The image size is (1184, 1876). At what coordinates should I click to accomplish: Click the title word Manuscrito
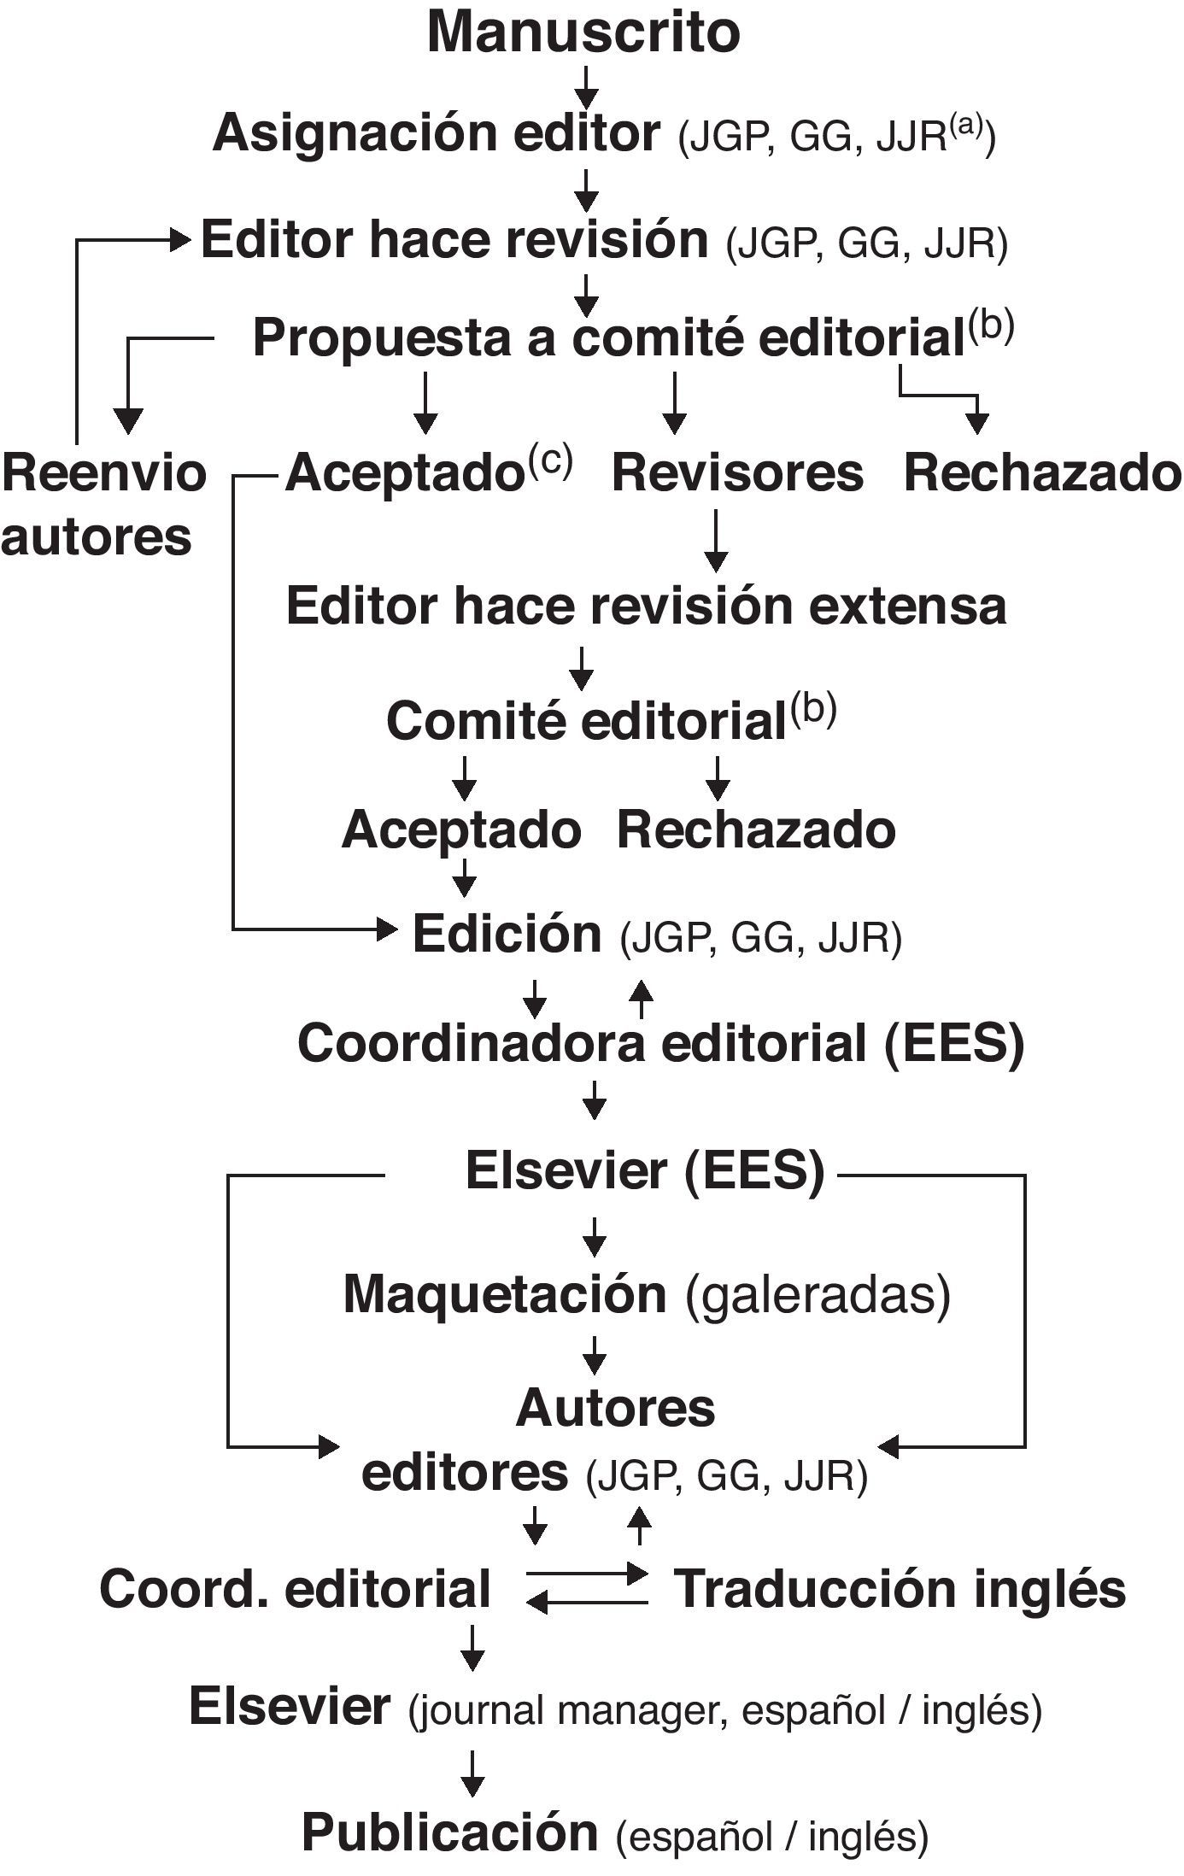pos(583,32)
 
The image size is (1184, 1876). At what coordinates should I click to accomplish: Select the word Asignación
pos(343,134)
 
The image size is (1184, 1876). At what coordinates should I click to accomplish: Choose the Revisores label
pos(737,472)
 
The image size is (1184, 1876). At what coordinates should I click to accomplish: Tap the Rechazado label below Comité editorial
pos(756,830)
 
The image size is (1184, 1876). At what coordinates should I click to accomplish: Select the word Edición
pos(507,934)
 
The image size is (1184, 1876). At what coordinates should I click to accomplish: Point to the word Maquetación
pos(505,1294)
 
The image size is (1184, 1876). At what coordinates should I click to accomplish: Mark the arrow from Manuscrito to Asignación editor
pos(585,86)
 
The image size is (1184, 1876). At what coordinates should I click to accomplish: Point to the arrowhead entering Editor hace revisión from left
pos(180,240)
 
